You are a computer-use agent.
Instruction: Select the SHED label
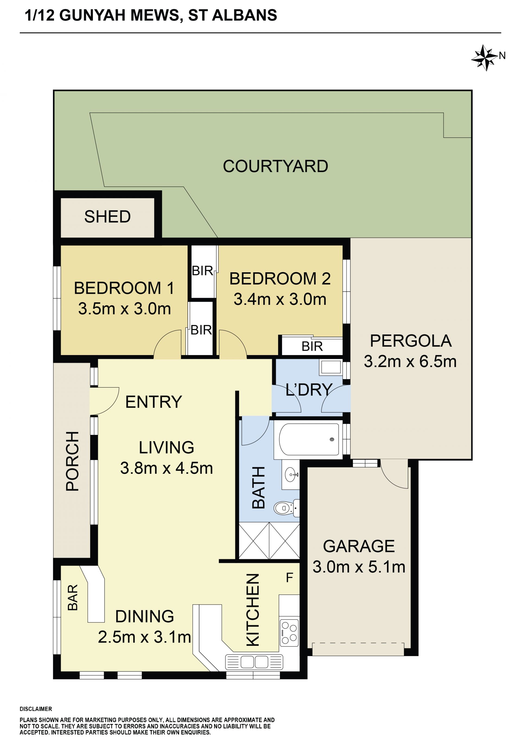pyautogui.click(x=107, y=217)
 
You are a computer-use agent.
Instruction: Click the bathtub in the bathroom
pyautogui.click(x=309, y=439)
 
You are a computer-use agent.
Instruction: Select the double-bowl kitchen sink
pyautogui.click(x=254, y=662)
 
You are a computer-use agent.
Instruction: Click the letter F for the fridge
pyautogui.click(x=289, y=578)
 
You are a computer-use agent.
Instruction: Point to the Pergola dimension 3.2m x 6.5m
pyautogui.click(x=410, y=361)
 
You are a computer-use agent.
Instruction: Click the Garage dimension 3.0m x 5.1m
pyautogui.click(x=359, y=567)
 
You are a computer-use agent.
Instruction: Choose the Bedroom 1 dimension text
pyautogui.click(x=125, y=309)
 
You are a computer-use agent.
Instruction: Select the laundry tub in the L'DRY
pyautogui.click(x=331, y=367)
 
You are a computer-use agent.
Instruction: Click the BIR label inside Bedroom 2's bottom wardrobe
pyautogui.click(x=312, y=346)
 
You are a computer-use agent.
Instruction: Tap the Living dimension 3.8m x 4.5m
pyautogui.click(x=167, y=468)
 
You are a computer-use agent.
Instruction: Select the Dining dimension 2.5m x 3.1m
pyautogui.click(x=144, y=637)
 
